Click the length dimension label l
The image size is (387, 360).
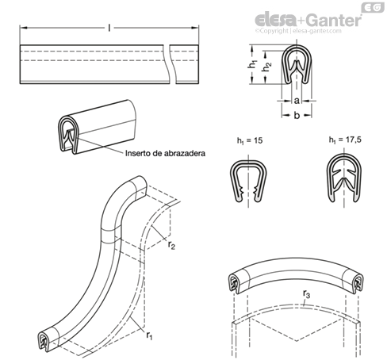[x=109, y=28]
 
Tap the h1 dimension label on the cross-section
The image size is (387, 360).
[x=253, y=64]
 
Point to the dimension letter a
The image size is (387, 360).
[x=297, y=101]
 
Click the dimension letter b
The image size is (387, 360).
[x=297, y=115]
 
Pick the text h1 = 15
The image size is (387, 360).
[x=250, y=140]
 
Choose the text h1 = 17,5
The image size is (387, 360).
[x=345, y=140]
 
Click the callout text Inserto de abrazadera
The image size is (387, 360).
[x=165, y=153]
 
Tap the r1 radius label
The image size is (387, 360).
[x=149, y=335]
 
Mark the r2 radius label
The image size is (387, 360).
[x=171, y=245]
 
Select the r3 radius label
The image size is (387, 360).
[x=306, y=294]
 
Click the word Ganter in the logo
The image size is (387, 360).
[x=335, y=21]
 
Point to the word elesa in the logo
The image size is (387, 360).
[x=275, y=21]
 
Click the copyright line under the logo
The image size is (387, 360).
[x=298, y=31]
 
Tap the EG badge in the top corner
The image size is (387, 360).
[x=373, y=7]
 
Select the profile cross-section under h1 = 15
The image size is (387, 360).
[x=248, y=182]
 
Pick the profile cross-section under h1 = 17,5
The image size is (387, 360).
[x=344, y=178]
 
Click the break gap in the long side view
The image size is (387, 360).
[x=171, y=64]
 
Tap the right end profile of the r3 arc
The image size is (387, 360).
[x=358, y=283]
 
